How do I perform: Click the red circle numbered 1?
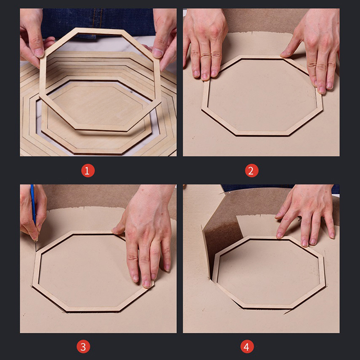pos(88,171)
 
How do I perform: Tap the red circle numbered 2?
pos(252,171)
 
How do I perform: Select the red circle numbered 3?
pos(83,346)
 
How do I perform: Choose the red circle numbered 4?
pos(247,346)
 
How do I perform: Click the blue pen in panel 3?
pos(33,204)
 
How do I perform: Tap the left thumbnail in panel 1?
pos(39,52)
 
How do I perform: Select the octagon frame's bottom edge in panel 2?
pos(262,133)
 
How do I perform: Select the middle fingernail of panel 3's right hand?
pos(147,284)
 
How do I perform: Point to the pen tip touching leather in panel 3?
pos(36,241)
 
